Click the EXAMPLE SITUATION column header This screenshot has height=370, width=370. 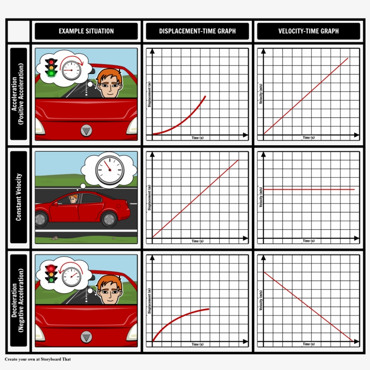(86, 31)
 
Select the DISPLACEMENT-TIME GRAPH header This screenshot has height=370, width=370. (197, 31)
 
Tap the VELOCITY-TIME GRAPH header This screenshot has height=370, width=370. (309, 31)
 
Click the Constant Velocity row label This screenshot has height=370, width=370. (18, 197)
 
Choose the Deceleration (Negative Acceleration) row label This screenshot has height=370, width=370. (18, 301)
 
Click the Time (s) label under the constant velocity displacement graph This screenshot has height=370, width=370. (198, 241)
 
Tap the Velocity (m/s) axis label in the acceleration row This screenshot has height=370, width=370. (261, 95)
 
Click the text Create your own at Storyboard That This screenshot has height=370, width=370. (38, 360)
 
